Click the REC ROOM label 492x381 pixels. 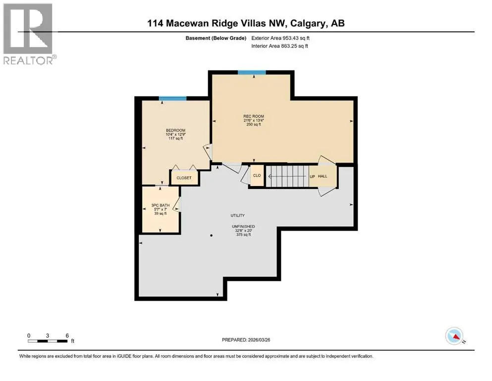(x=254, y=116)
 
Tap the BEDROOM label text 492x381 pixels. (x=176, y=130)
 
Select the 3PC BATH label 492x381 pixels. (x=161, y=205)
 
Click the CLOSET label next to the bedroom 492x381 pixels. (x=184, y=178)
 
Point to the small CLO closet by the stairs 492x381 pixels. (x=257, y=175)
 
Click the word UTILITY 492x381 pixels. (x=237, y=215)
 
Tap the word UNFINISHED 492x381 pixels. (x=243, y=226)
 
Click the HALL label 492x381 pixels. (x=323, y=176)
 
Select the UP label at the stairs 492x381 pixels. (x=312, y=177)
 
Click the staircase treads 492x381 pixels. (x=287, y=176)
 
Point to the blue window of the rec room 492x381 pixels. (x=252, y=72)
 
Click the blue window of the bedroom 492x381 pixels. (x=172, y=99)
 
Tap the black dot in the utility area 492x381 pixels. (x=212, y=235)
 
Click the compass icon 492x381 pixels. (x=454, y=336)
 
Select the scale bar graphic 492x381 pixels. (x=48, y=341)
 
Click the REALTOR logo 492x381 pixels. (x=29, y=34)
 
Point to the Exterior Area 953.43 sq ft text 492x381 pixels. (x=280, y=38)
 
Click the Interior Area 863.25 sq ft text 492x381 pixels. (x=279, y=46)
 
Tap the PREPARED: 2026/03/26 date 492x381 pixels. (x=246, y=340)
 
